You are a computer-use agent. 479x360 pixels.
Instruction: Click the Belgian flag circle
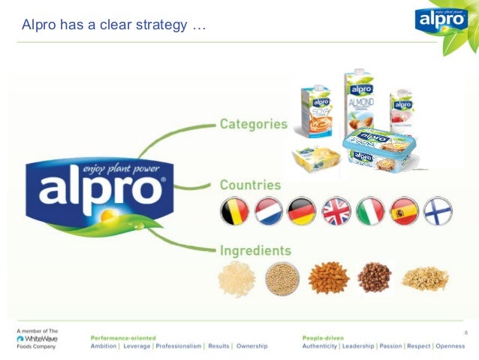(234, 211)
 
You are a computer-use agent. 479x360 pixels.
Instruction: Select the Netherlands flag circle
(268, 211)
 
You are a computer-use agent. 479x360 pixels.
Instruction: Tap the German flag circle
(302, 211)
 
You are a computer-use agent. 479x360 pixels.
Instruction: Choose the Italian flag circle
(370, 211)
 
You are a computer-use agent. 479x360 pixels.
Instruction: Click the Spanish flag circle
(404, 211)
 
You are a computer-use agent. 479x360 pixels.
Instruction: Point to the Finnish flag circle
(438, 211)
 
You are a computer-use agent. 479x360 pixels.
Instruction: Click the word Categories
(253, 124)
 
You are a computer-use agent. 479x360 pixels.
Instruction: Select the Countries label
(250, 185)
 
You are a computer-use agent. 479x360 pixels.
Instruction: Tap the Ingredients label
(255, 250)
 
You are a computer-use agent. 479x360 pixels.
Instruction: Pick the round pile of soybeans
(282, 279)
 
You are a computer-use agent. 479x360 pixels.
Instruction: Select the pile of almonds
(328, 277)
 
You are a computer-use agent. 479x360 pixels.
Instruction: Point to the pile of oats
(424, 278)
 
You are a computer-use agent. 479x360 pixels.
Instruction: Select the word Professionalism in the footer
(179, 346)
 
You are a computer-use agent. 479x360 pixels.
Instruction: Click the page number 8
(466, 333)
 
